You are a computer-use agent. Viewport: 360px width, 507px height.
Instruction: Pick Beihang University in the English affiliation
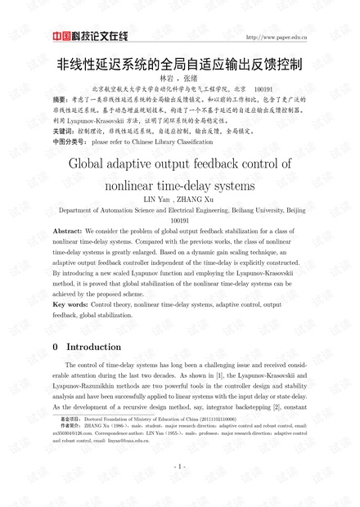pyautogui.click(x=254, y=210)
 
